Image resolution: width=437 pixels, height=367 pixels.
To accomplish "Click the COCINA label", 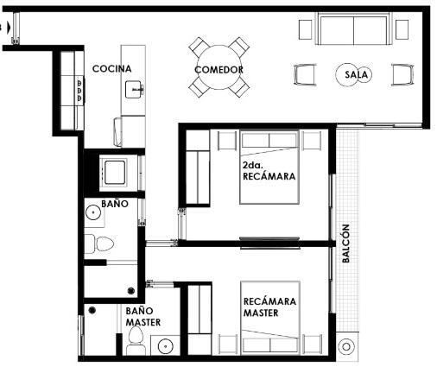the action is (112, 69).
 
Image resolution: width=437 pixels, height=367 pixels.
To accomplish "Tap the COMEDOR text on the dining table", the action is (218, 70).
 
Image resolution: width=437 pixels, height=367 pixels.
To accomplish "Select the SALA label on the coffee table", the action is (356, 75).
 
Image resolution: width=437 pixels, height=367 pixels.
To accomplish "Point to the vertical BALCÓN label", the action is (345, 244).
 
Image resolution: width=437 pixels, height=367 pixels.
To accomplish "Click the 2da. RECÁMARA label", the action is (269, 171).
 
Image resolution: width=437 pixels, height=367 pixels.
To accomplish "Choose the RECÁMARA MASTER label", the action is (269, 307).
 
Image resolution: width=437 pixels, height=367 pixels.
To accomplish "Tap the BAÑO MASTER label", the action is (143, 317).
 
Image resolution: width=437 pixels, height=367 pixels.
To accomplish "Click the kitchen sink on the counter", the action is (134, 90).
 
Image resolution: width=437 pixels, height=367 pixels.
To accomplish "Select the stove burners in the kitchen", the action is (79, 91).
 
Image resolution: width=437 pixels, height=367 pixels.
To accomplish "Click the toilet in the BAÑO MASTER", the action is (136, 341).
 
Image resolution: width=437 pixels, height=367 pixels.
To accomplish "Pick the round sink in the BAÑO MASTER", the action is (165, 346).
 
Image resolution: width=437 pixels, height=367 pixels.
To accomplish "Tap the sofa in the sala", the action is (353, 28).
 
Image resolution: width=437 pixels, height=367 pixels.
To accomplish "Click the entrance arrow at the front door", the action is (9, 28).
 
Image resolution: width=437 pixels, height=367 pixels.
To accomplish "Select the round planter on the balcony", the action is (346, 346).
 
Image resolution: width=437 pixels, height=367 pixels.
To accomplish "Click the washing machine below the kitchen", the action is (113, 173).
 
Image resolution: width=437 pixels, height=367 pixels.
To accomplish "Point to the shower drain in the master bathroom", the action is (92, 310).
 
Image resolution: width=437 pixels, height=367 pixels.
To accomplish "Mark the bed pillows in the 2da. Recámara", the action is (269, 141).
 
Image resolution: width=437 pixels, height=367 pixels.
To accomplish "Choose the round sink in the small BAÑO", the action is (93, 212).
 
